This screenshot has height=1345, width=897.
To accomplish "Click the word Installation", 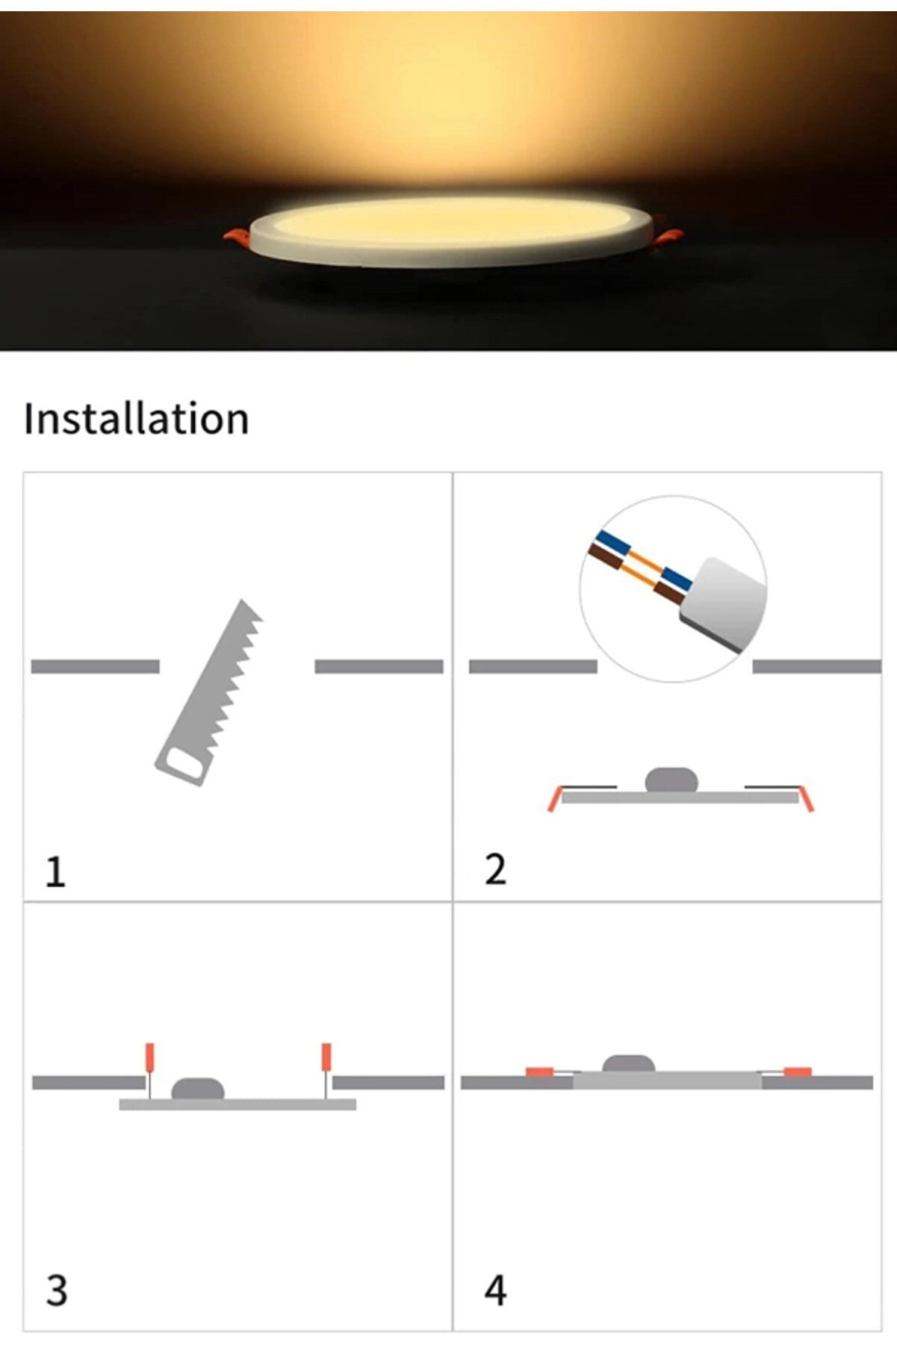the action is pyautogui.click(x=136, y=418).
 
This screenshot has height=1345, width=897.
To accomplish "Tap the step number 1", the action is pyautogui.click(x=55, y=872).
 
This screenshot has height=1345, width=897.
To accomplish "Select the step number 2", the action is pyautogui.click(x=495, y=869).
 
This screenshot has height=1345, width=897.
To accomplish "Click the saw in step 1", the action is pyautogui.click(x=209, y=692).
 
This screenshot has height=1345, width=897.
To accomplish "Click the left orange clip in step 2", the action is pyautogui.click(x=553, y=799).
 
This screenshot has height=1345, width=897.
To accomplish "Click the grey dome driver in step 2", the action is pyautogui.click(x=671, y=780).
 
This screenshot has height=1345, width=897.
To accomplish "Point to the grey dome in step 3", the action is pyautogui.click(x=198, y=1088).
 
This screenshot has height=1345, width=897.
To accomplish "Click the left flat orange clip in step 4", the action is pyautogui.click(x=539, y=1072).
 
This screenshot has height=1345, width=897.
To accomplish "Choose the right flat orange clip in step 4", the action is pyautogui.click(x=797, y=1072).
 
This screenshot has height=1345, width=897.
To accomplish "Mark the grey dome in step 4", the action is pyautogui.click(x=629, y=1063).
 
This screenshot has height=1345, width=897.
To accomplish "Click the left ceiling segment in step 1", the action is pyautogui.click(x=96, y=666).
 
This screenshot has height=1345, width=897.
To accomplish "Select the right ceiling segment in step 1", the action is pyautogui.click(x=379, y=666).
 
